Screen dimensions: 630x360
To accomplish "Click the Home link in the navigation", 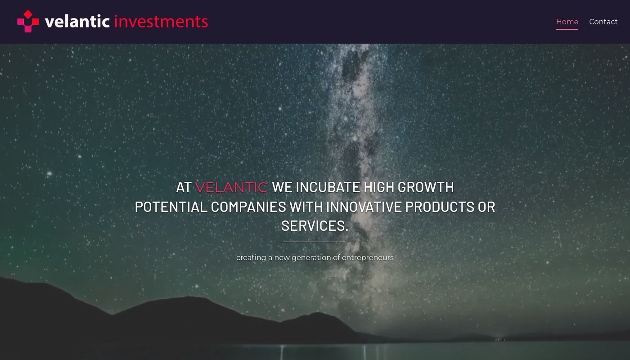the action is pos(567,22).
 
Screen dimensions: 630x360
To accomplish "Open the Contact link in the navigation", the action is pos(603,22).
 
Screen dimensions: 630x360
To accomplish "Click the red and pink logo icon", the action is pos(28,22).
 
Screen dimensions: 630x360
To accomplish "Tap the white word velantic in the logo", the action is pos(77,22).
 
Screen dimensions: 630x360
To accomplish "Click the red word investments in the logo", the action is pos(161,22).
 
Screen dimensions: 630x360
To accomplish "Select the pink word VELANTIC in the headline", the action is pos(231,187).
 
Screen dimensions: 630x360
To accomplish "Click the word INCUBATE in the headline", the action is pos(328,187).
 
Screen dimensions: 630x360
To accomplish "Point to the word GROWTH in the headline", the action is pos(426,187).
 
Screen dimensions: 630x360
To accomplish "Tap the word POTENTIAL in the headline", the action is pos(171,207).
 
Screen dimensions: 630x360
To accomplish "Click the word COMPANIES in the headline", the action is pos(248,207).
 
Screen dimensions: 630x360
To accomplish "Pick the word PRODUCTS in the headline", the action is pos(440,207).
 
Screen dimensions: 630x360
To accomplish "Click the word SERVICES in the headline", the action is pos(313,226).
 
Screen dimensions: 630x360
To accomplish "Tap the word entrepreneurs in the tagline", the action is pos(368,258).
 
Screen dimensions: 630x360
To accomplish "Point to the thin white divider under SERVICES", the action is pos(315,242).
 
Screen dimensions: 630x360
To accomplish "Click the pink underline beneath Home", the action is pos(567,29).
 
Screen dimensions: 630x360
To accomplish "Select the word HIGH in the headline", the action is pos(378,187).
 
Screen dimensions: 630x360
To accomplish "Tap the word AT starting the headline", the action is pos(184,187).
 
